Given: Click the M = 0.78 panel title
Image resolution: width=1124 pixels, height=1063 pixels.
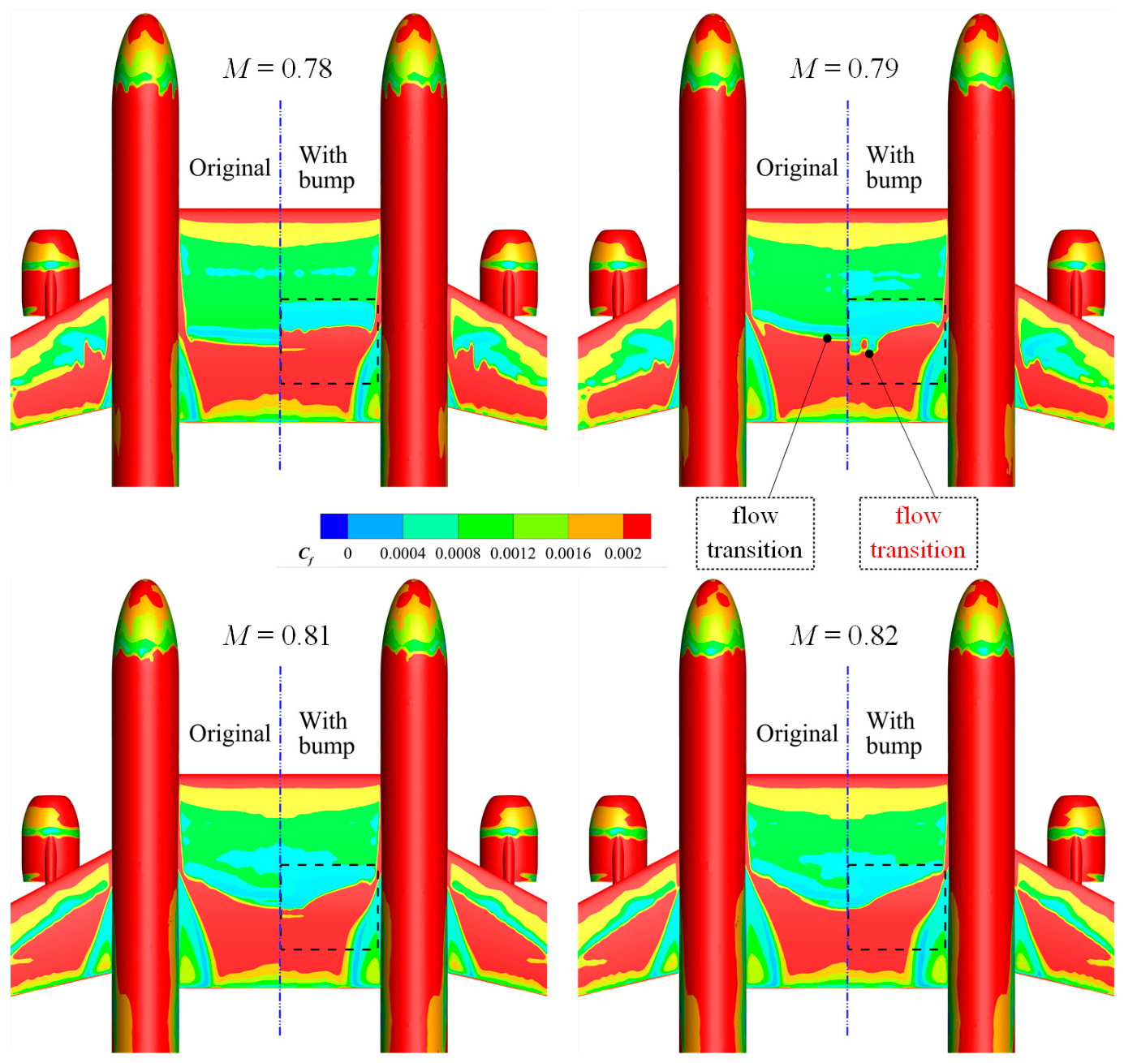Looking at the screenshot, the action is coord(278,69).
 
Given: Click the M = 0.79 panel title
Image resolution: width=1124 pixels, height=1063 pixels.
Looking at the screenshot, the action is coord(844,69).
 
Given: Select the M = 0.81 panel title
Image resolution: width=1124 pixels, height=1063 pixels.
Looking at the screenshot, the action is coord(278,635).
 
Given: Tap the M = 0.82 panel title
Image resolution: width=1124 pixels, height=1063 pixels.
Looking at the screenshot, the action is coord(844,635).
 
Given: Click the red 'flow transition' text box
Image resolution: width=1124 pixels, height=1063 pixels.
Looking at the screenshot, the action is coord(918,532).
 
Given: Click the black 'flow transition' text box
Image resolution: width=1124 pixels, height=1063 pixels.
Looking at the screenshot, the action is coord(755,532).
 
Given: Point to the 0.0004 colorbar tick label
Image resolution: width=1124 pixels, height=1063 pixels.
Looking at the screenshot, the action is coord(403,553).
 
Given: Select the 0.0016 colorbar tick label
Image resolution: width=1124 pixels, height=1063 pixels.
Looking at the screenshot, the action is coord(568,553).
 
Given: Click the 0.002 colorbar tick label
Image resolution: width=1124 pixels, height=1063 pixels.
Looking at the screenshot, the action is coord(622,553).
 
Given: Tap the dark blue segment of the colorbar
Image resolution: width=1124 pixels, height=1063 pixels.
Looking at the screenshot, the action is coord(334,526).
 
